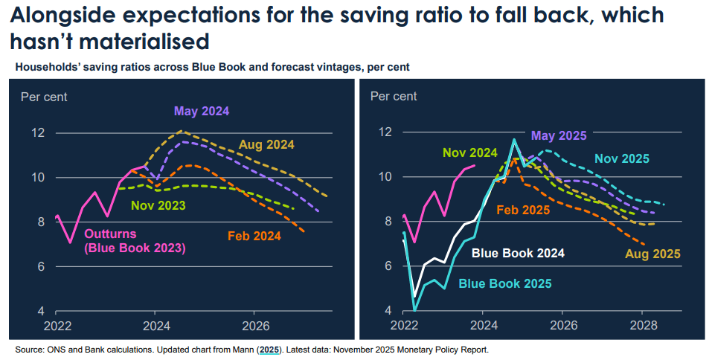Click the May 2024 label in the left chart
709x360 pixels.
(x=201, y=112)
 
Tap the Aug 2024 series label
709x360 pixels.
(x=266, y=144)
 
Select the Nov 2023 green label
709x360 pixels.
(x=158, y=205)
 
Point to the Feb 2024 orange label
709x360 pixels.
(x=254, y=237)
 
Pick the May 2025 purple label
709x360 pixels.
(x=559, y=135)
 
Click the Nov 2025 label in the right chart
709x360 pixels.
(x=622, y=158)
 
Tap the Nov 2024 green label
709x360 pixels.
(x=469, y=153)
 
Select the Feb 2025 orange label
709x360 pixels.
(x=522, y=210)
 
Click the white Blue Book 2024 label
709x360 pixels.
(x=518, y=253)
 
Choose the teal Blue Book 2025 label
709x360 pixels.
(x=504, y=283)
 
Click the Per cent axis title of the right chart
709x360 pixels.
(x=394, y=96)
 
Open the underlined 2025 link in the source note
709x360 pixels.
(x=269, y=349)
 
